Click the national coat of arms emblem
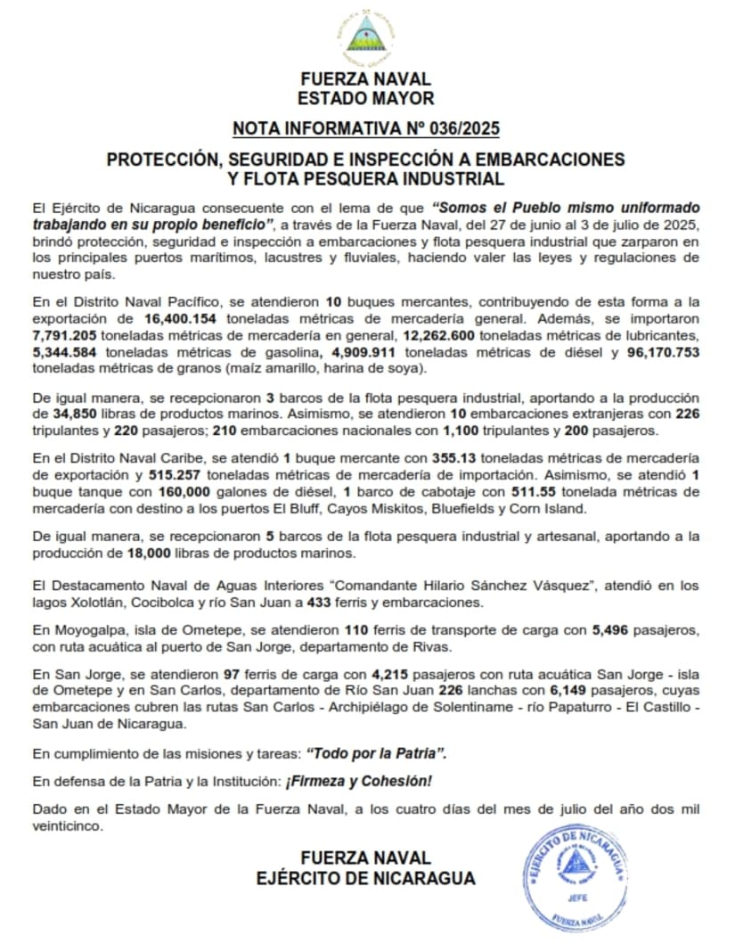click(366, 35)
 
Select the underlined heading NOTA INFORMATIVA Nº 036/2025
click(366, 128)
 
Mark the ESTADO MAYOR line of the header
click(366, 98)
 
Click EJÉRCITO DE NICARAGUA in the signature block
click(365, 877)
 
